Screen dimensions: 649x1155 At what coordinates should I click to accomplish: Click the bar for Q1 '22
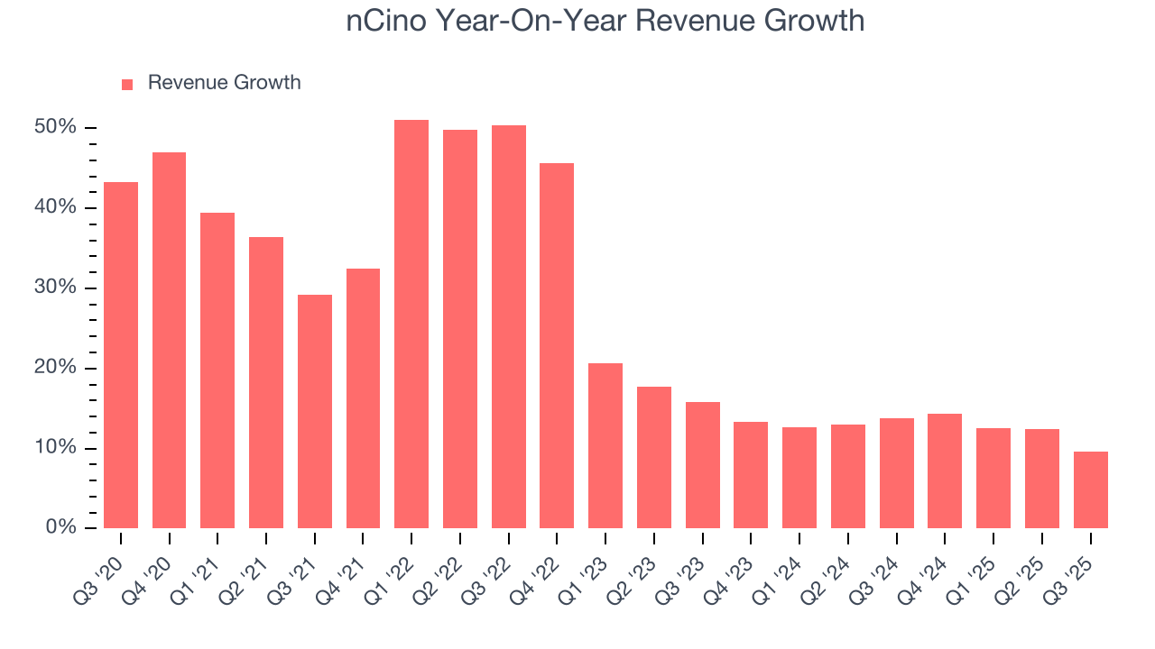(x=411, y=324)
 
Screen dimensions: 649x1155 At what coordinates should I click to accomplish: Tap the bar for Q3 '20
(x=121, y=355)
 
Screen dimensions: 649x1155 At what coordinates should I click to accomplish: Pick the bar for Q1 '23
(x=605, y=445)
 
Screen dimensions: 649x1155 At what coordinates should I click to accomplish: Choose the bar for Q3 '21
(x=315, y=411)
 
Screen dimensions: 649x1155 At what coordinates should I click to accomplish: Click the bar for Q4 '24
(x=945, y=471)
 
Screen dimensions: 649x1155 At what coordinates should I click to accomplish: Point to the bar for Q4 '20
(x=169, y=340)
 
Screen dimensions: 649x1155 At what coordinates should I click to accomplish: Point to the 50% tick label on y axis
(x=55, y=127)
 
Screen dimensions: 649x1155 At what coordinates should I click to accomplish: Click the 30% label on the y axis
(x=55, y=288)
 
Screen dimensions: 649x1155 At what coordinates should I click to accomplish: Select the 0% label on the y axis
(x=60, y=527)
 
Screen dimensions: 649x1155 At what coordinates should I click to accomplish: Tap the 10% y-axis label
(x=55, y=448)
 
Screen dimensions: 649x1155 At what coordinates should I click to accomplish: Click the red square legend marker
(x=127, y=84)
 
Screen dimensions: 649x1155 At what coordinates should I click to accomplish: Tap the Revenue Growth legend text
(x=224, y=83)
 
